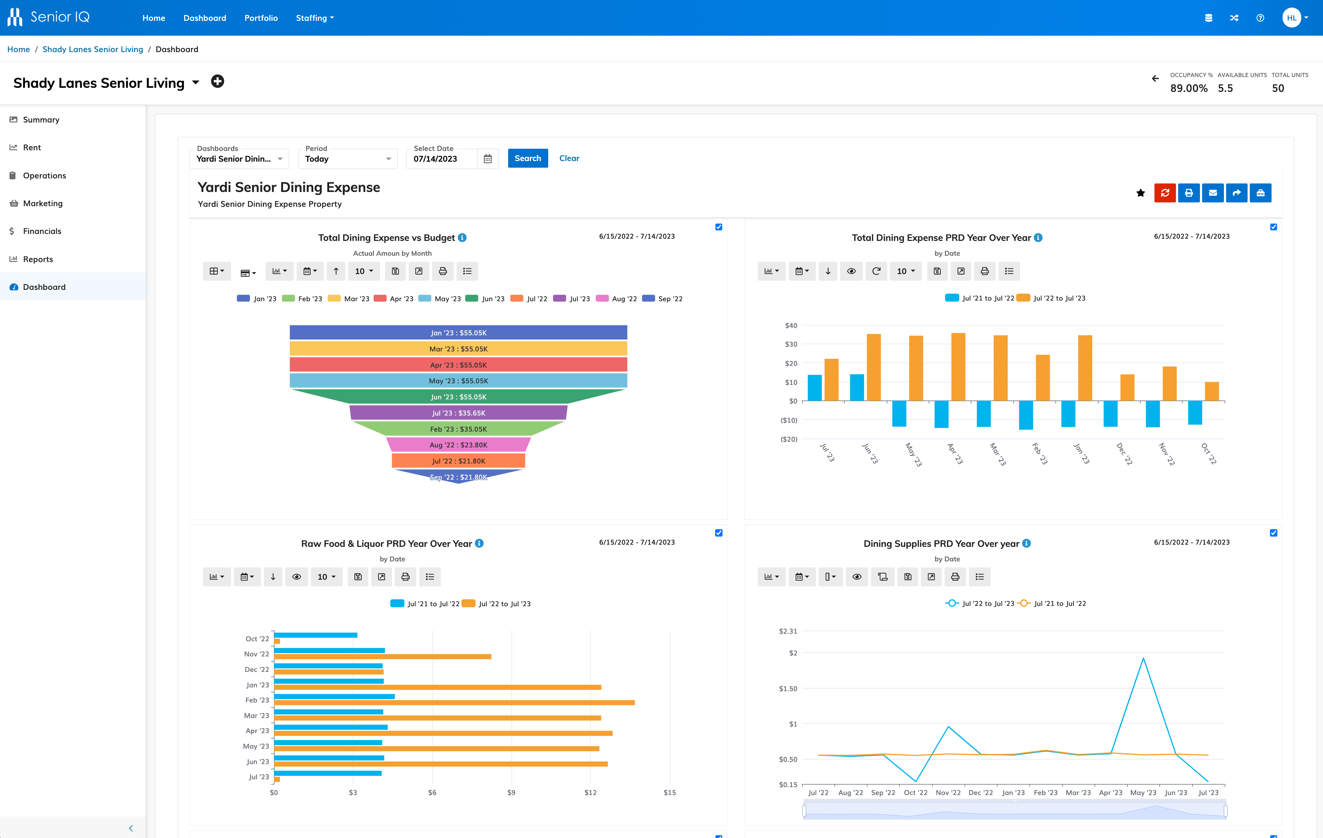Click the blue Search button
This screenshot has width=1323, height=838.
click(527, 158)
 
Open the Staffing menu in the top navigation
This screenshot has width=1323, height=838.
click(314, 18)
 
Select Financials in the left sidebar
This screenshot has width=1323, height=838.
click(42, 231)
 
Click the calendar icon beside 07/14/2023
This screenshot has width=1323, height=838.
click(487, 159)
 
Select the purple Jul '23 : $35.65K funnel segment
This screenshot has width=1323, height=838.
click(458, 413)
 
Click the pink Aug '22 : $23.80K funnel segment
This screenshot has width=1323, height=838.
click(458, 445)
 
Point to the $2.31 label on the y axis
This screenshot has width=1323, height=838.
click(787, 631)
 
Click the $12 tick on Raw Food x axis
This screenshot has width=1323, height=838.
click(590, 793)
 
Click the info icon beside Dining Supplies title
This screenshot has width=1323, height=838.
click(1026, 543)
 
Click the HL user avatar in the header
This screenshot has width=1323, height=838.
click(1291, 18)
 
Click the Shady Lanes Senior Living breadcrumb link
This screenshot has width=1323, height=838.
click(92, 50)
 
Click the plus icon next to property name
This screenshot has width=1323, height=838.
click(217, 82)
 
